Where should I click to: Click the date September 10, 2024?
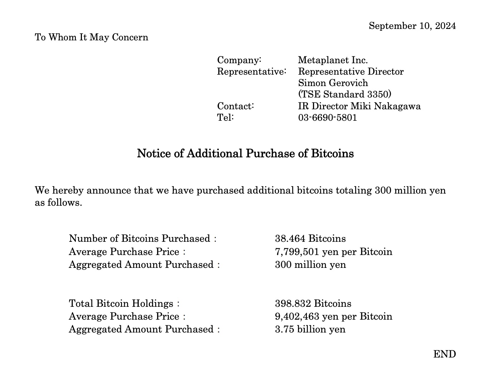coord(412,26)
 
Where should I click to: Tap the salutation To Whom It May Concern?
coord(91,37)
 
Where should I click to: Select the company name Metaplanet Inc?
coord(333,60)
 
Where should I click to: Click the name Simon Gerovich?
coord(333,83)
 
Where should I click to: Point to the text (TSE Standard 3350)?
coord(345,94)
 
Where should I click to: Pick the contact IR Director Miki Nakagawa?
coord(359,106)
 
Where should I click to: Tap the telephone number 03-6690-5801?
coord(327,117)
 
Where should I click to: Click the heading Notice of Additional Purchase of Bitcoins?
coord(245,154)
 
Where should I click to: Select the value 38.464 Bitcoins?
coord(310,239)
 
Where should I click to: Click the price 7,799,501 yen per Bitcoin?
coord(333,252)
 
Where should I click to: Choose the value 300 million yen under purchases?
coord(310,265)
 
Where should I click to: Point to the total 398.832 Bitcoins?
coord(313,304)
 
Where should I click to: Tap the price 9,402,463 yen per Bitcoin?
coord(333,316)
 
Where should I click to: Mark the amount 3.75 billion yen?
coord(310,329)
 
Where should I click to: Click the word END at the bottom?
coord(444,354)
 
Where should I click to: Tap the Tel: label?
coord(225,117)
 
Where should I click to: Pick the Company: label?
coord(239,60)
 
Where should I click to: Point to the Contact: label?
coord(235,106)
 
